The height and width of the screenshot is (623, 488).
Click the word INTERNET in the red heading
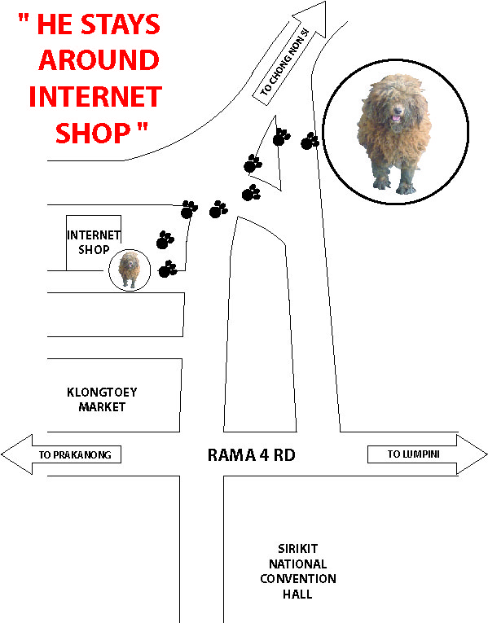click(95, 96)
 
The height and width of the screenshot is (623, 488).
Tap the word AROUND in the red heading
click(99, 60)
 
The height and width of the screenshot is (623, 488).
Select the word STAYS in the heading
click(121, 24)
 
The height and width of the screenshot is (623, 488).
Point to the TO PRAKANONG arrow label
click(75, 455)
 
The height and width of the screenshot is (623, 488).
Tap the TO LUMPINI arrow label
click(414, 454)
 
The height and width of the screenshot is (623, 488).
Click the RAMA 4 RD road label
click(252, 455)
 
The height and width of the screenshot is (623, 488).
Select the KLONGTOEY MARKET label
click(102, 400)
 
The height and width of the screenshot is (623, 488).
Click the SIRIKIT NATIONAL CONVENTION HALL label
click(298, 572)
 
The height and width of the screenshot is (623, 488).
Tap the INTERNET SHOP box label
click(94, 243)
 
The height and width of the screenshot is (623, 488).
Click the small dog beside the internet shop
click(129, 270)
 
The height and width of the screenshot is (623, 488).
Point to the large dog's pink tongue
click(396, 118)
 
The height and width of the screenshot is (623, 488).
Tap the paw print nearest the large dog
click(310, 141)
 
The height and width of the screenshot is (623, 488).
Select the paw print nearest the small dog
click(167, 269)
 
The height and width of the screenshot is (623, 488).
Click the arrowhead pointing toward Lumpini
click(472, 454)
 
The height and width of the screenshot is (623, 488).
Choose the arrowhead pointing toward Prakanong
click(16, 454)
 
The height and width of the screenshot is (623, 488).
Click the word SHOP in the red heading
click(93, 133)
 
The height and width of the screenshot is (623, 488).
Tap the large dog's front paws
click(394, 186)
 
